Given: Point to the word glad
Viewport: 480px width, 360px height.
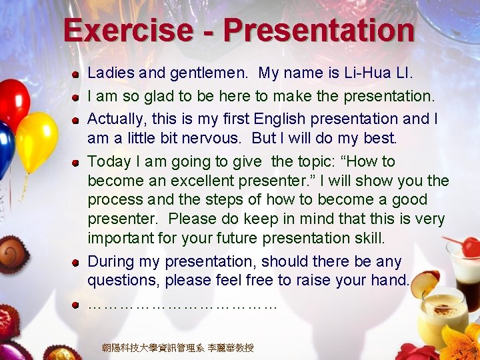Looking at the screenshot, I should pyautogui.click(x=151, y=96).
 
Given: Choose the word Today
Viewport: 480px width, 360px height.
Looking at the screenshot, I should pyautogui.click(x=109, y=162).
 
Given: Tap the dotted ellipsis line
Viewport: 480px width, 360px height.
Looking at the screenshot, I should pyautogui.click(x=181, y=305).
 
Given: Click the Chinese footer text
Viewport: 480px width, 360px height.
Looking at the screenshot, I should pyautogui.click(x=177, y=348).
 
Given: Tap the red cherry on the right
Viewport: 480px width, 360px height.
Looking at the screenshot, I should pyautogui.click(x=471, y=247).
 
